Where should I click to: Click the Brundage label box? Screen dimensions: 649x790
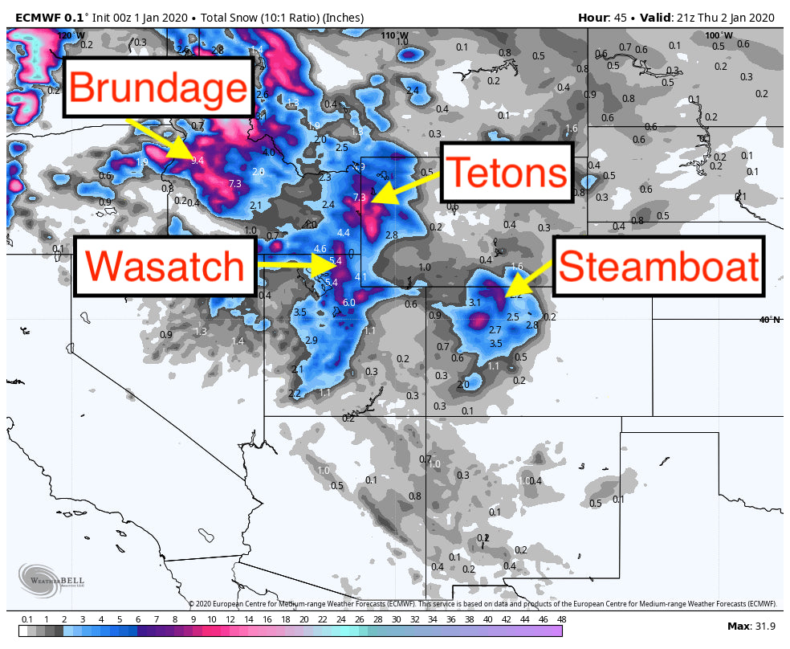(157, 88)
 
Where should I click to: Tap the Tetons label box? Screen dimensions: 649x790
(506, 173)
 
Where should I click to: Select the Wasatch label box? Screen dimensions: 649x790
(165, 266)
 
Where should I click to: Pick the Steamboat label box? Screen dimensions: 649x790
(658, 266)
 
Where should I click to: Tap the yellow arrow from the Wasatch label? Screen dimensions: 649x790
(294, 263)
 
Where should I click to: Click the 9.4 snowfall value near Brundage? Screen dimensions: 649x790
(197, 161)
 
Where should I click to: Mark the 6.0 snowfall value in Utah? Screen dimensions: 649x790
(348, 302)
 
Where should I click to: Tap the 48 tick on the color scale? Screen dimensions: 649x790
(561, 619)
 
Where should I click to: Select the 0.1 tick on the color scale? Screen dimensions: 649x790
(26, 619)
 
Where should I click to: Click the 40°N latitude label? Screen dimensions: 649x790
(769, 320)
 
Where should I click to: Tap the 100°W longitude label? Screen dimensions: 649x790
(719, 35)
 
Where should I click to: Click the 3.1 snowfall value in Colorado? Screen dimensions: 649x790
(474, 303)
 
